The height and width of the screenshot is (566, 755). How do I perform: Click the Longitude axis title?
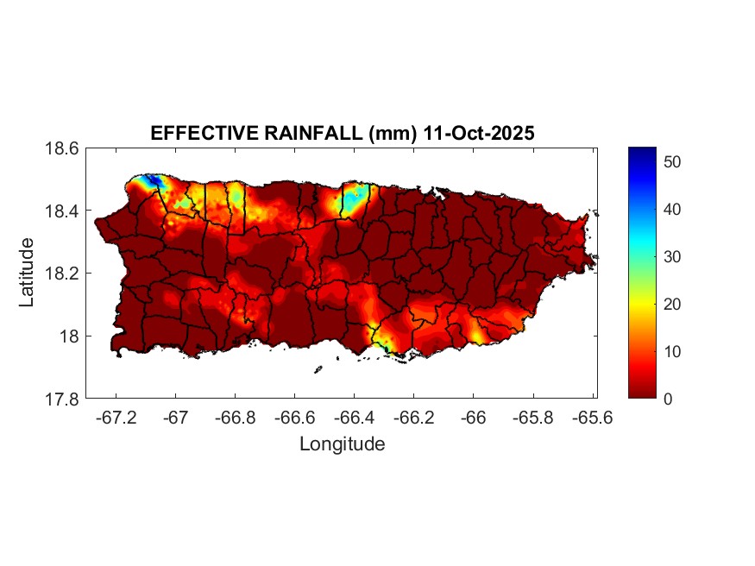coord(342,444)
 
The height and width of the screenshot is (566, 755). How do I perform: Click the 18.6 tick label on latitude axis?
coord(62,148)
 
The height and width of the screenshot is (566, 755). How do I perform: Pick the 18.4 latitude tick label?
coord(62,211)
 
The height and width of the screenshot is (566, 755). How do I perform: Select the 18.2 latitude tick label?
coord(62,274)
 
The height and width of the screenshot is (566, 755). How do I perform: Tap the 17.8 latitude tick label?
coord(62,399)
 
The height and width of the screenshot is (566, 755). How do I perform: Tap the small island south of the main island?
coord(318,370)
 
